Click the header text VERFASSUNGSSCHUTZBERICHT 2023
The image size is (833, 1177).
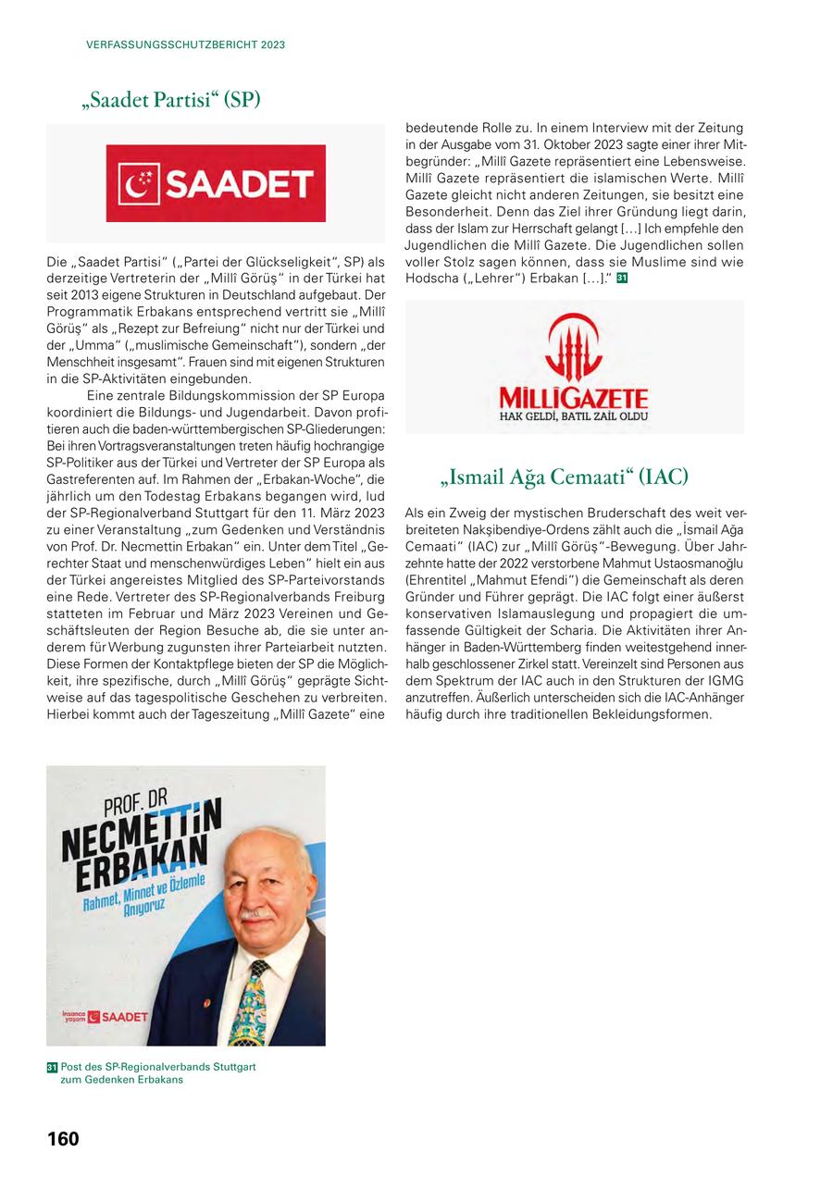tap(185, 44)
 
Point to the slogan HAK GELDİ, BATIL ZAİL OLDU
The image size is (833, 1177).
tap(574, 416)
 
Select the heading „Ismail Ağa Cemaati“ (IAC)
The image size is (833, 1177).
tap(565, 477)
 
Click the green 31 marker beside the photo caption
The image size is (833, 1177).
tap(52, 1067)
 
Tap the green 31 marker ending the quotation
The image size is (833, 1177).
tap(622, 279)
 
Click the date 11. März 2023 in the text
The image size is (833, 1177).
tap(336, 512)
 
